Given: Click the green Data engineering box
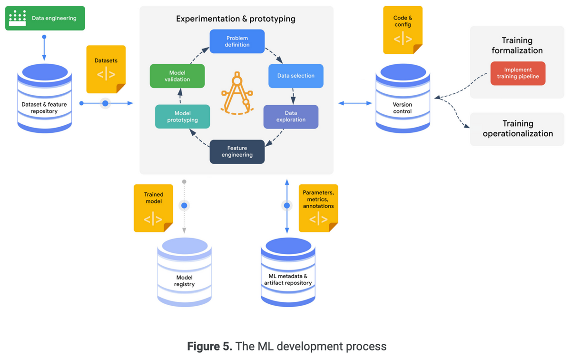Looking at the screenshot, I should click(x=45, y=18).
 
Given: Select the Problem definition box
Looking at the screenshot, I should click(x=237, y=41).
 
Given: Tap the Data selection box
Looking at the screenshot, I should click(x=295, y=76).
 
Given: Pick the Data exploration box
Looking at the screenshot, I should click(x=291, y=117).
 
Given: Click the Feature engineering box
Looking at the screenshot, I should click(x=237, y=151).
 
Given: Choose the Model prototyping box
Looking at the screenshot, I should click(x=182, y=117).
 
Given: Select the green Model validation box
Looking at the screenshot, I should click(x=177, y=76).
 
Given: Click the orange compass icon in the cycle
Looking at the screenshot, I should click(x=236, y=93).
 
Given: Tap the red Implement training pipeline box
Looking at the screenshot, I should click(x=518, y=73).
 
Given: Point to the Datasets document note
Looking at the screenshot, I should click(x=106, y=69).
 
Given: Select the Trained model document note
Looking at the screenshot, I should click(x=153, y=208).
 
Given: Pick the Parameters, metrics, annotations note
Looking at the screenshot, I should click(x=318, y=208).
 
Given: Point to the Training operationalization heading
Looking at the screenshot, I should click(x=518, y=129).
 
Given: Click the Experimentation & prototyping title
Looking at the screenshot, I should click(x=236, y=19).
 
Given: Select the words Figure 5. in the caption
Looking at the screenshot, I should click(x=209, y=346).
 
